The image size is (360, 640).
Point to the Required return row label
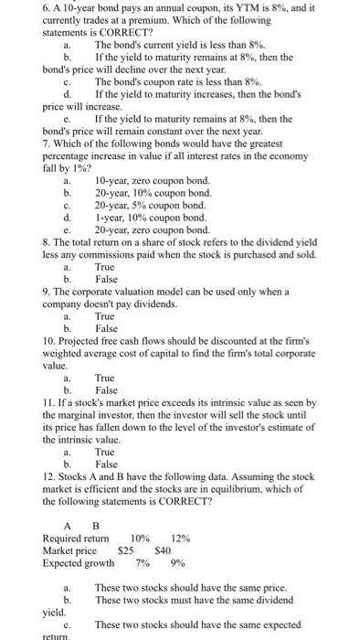click(79, 538)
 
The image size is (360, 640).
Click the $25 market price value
click(128, 550)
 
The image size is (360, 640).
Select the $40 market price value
click(164, 550)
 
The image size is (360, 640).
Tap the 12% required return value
click(182, 538)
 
